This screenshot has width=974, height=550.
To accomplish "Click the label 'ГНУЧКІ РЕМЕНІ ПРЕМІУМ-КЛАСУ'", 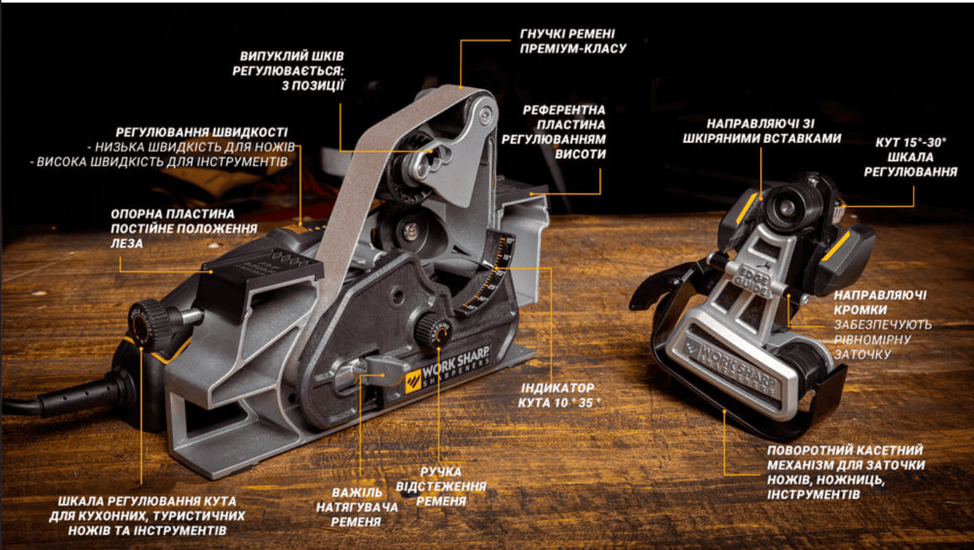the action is (573, 41).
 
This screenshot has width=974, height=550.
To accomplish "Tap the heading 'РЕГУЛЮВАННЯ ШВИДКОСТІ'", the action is (202, 132).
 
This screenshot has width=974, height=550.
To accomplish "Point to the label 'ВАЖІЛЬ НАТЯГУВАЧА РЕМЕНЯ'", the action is (357, 507).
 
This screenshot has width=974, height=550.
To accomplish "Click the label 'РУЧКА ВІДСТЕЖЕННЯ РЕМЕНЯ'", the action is (441, 487).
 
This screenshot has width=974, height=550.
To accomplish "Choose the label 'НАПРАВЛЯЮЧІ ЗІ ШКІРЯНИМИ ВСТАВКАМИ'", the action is (761, 132).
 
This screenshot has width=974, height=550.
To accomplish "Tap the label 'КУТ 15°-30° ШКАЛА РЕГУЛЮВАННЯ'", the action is (911, 158).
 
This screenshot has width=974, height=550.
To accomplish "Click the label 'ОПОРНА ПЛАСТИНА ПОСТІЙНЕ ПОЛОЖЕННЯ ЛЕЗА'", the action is (184, 229).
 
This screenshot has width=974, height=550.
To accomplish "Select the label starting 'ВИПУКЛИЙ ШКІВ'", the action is (289, 70).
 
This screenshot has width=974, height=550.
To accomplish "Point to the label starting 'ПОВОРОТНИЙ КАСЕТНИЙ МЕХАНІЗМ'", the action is (846, 472).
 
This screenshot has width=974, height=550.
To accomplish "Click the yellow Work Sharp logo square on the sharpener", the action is (412, 381).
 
